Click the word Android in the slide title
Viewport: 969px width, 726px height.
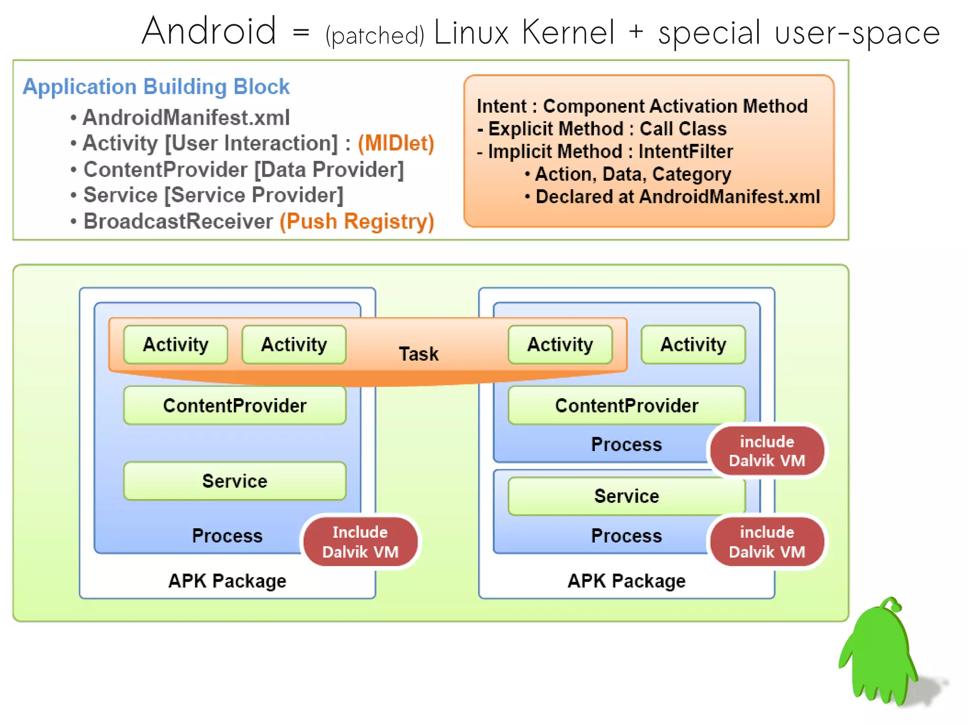(209, 31)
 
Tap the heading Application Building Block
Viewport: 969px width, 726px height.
(156, 87)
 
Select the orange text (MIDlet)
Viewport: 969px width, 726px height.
(396, 143)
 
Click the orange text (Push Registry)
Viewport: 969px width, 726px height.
(357, 221)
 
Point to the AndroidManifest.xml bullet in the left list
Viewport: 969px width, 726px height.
(185, 118)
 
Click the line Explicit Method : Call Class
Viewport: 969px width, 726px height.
(602, 129)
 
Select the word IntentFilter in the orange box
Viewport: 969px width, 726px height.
(685, 152)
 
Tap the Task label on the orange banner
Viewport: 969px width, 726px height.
(418, 354)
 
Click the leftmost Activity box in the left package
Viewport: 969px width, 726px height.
(176, 345)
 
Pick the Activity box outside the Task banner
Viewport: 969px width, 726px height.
(693, 345)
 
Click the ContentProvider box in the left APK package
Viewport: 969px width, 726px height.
(235, 406)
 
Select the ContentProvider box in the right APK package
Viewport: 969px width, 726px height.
(626, 406)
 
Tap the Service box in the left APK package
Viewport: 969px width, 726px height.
(235, 481)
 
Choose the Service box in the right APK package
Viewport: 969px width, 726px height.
(626, 496)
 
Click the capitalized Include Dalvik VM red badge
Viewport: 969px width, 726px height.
(360, 542)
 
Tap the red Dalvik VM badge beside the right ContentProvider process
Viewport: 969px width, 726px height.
(766, 451)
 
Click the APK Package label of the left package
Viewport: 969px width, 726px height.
(227, 581)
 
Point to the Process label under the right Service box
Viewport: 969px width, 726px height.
(626, 536)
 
